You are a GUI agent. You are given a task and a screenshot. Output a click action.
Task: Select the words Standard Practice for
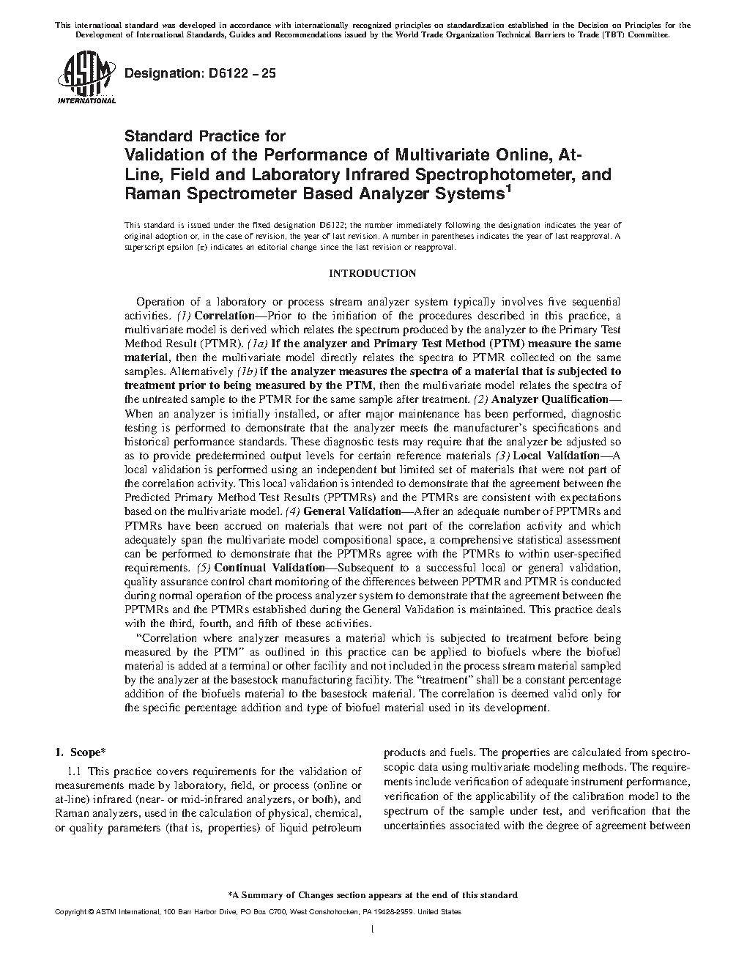point(204,136)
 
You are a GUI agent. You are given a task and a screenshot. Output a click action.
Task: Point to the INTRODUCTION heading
point(372,273)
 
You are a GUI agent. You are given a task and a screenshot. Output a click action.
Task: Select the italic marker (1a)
point(259,344)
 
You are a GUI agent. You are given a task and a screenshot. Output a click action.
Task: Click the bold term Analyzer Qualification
point(550,399)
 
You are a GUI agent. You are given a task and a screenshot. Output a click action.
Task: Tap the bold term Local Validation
point(561,455)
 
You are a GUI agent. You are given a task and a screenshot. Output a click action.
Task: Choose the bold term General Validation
point(351,511)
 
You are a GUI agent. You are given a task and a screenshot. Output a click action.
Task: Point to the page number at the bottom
point(373,930)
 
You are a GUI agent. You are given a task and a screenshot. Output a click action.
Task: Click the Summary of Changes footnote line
point(373,894)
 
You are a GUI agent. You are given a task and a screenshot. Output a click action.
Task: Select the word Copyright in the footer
point(70,912)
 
